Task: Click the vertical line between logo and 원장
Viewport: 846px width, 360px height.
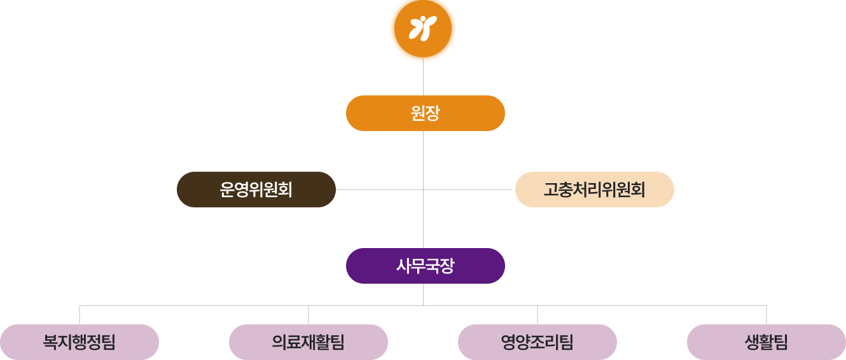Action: [423, 79]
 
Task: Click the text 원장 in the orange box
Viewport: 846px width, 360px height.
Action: [426, 113]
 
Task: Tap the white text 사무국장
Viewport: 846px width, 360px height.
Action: [426, 266]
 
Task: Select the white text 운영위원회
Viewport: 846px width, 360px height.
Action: [256, 190]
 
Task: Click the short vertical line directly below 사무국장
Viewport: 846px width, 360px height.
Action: [423, 294]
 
